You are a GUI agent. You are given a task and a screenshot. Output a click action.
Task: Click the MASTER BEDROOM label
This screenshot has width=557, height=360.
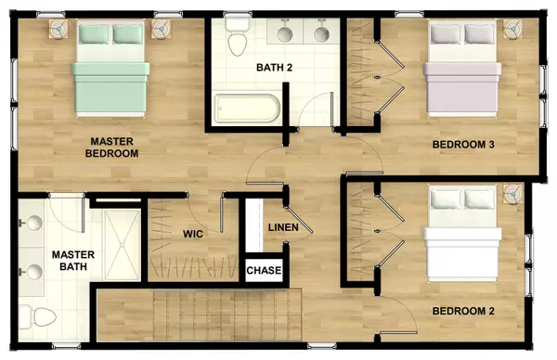click(112, 148)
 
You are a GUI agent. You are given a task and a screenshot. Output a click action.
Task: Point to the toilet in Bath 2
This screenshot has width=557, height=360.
click(237, 37)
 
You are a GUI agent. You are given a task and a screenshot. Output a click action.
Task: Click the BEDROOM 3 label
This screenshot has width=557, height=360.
click(462, 145)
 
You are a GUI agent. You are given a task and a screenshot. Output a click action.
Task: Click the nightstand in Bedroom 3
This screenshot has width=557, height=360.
click(513, 31)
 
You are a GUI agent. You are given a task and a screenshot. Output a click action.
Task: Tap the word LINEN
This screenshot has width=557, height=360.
click(282, 228)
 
